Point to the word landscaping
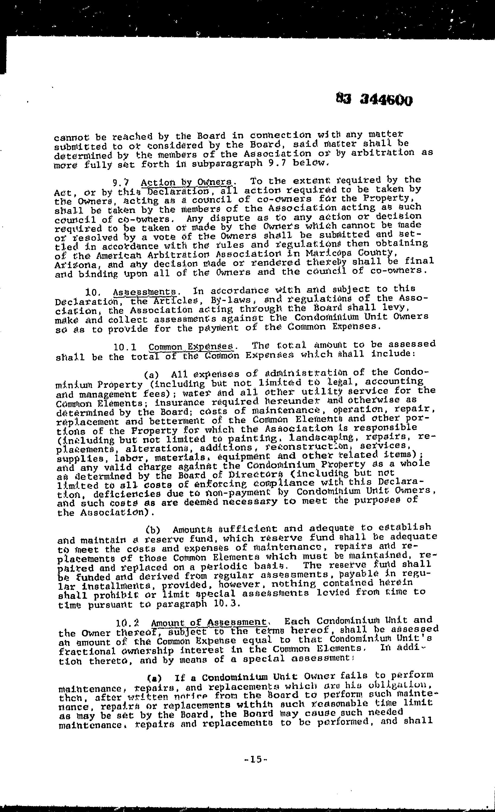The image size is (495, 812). coord(319,439)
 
